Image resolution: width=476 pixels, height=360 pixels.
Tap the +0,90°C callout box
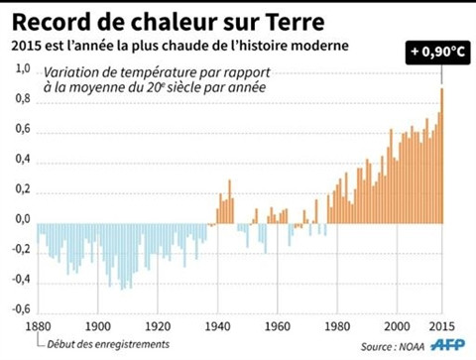[x=438, y=49]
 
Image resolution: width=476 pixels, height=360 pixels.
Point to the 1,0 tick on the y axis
[x=23, y=68]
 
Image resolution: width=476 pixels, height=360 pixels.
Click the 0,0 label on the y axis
[x=23, y=218]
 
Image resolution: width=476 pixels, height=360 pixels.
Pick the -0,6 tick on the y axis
[x=21, y=308]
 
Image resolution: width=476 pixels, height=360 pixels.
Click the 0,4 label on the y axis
[x=23, y=159]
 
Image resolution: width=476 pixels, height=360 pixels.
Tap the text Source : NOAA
[x=388, y=346]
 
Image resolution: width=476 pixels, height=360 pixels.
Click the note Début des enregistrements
[x=102, y=346]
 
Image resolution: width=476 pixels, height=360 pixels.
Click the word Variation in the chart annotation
[x=73, y=70]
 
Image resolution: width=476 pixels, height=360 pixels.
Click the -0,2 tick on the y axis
[x=21, y=248]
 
